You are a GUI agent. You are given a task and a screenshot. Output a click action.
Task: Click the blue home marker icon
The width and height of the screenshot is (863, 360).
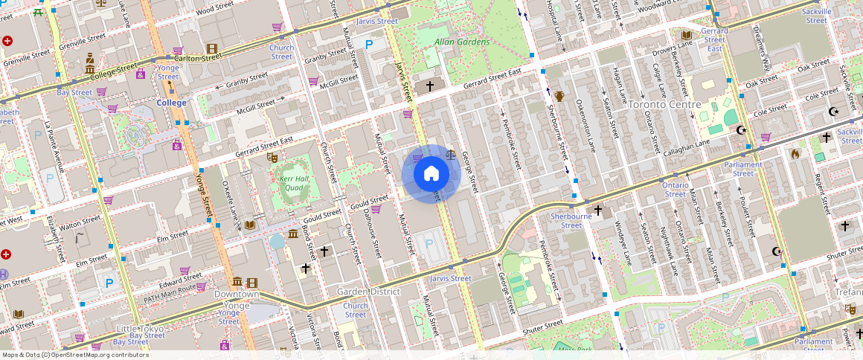[431, 174]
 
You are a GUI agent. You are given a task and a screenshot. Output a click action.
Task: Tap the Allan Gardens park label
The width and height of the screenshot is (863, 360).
[462, 42]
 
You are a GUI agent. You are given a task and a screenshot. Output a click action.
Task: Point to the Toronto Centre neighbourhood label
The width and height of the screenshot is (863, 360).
[664, 104]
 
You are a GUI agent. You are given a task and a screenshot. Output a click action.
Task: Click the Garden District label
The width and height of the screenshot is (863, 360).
[368, 292]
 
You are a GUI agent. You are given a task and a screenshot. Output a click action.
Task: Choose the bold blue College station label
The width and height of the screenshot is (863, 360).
[172, 103]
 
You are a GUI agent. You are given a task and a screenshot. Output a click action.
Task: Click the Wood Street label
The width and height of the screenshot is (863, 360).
[215, 8]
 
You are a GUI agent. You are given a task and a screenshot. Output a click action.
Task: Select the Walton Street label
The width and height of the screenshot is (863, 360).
[80, 220]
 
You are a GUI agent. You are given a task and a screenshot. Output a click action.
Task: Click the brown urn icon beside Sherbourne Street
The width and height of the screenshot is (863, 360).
[559, 96]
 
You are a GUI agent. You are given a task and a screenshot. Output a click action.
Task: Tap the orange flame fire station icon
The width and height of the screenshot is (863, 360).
[795, 154]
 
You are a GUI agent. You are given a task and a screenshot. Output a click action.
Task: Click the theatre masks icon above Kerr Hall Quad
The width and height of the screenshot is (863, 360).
[273, 158]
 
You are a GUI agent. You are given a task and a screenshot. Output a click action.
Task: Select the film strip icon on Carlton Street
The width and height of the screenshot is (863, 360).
[212, 48]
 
